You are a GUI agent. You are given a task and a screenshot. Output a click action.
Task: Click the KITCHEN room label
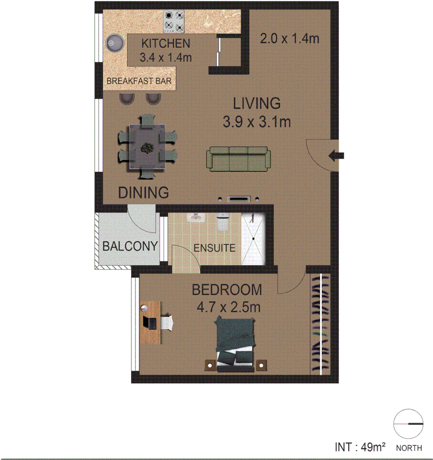(166, 43)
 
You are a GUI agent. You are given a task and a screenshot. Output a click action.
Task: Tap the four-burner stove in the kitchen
(174, 22)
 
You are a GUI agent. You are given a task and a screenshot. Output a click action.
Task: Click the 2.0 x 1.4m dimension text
(290, 39)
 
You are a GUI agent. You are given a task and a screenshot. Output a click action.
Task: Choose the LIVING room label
(256, 103)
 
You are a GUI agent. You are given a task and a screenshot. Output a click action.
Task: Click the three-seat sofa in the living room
(238, 158)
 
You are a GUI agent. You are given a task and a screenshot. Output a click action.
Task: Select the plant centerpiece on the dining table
(147, 148)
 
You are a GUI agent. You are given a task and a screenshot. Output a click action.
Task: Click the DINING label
(143, 193)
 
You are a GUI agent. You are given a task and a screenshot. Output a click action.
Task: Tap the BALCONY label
(130, 247)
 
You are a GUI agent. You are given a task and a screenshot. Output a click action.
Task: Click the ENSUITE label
(215, 248)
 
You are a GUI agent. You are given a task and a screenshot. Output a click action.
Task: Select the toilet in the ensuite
(223, 222)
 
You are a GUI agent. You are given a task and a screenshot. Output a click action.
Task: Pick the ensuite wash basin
(196, 218)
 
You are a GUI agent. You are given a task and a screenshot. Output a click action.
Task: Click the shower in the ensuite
(253, 239)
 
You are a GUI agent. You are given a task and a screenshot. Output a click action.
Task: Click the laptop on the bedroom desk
(151, 322)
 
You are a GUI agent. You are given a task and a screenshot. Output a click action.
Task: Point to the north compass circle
(407, 424)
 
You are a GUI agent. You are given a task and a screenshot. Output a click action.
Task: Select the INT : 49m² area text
(360, 447)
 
